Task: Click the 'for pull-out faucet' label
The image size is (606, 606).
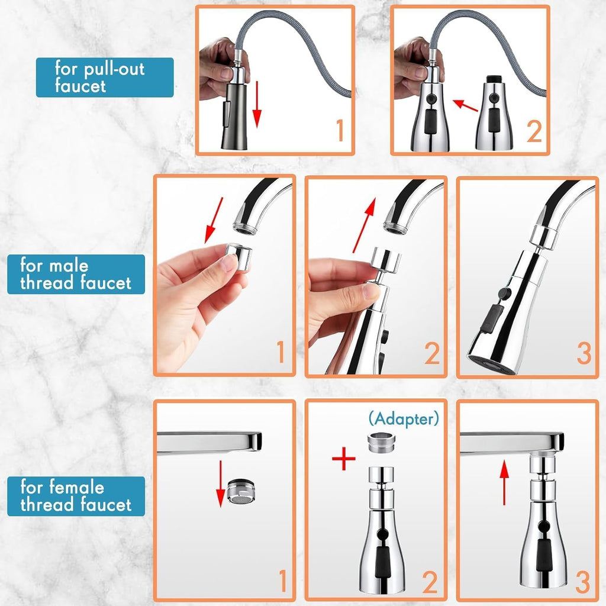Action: tap(104, 77)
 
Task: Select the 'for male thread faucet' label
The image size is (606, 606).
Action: tap(76, 273)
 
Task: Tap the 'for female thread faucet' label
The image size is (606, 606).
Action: tap(76, 496)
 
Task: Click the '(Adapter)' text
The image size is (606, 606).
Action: tap(404, 419)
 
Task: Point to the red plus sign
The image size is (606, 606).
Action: tap(343, 459)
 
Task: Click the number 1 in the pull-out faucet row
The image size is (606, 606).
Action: tap(339, 131)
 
